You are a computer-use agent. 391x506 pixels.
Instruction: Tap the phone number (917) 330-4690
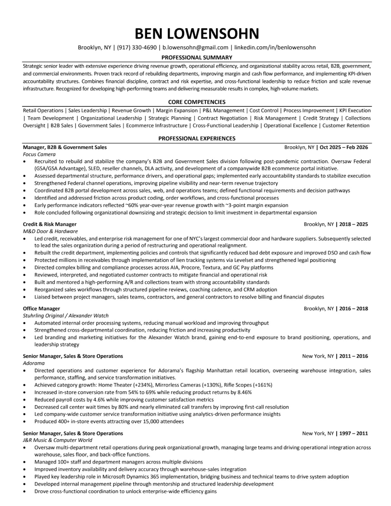(137, 48)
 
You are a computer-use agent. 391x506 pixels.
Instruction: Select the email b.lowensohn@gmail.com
(195, 48)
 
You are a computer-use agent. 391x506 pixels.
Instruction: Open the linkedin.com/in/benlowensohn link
(275, 48)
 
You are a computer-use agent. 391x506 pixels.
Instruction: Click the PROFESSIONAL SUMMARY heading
(197, 58)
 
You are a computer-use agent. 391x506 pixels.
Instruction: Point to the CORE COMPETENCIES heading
(197, 102)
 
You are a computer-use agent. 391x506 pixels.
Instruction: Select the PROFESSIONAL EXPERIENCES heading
(197, 139)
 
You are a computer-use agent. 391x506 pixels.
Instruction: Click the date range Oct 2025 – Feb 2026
(344, 147)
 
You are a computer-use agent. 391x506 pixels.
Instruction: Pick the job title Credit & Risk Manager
(50, 224)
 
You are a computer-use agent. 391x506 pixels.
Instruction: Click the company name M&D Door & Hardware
(50, 231)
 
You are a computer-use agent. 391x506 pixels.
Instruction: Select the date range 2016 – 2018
(353, 309)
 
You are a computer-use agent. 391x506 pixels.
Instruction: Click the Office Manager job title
(41, 309)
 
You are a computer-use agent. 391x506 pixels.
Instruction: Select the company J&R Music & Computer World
(58, 440)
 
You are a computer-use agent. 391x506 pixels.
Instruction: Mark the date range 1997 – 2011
(353, 433)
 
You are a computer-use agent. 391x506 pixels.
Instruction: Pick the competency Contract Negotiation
(222, 118)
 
